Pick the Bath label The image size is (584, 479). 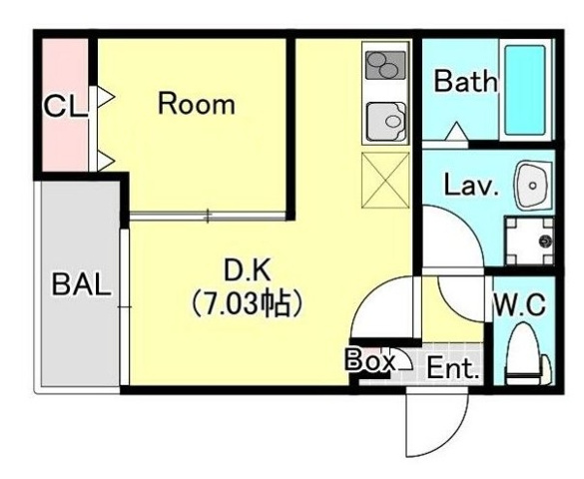[465, 83]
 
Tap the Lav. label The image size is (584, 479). [471, 186]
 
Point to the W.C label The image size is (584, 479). [518, 305]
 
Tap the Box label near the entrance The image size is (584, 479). [369, 361]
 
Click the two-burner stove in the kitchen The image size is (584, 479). [385, 67]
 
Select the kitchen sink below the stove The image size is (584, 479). [385, 124]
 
